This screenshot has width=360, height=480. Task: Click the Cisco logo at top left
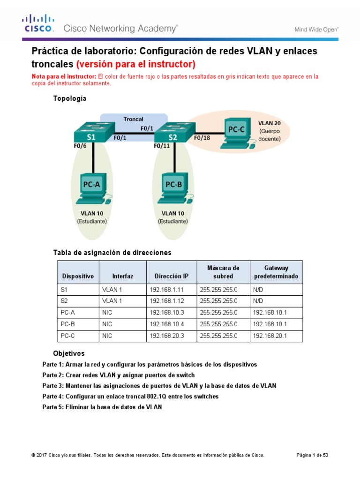[x=38, y=24]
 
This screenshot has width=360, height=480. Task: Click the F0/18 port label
[x=202, y=138]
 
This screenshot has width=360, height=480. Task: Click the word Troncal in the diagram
[x=133, y=119]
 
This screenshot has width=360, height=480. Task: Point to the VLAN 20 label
[x=270, y=123]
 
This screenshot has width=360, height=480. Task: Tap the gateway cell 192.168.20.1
[x=269, y=336]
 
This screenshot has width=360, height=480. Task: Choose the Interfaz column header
[x=123, y=277]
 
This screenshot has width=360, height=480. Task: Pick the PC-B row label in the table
[x=68, y=324]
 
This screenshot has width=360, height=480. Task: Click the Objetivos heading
[x=69, y=353]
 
